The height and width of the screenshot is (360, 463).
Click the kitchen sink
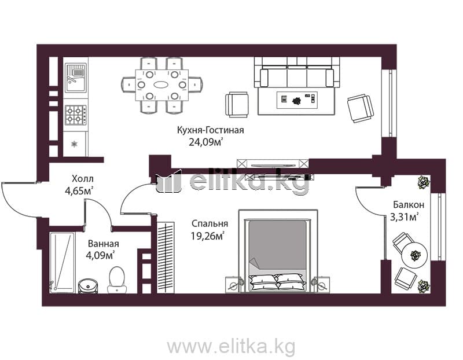click(76, 78)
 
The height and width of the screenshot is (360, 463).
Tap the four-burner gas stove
click(76, 115)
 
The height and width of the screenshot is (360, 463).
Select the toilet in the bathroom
click(117, 280)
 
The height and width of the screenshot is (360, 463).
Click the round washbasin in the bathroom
click(88, 285)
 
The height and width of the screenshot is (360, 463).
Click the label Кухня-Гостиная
click(211, 130)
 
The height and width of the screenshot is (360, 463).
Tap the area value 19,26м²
click(207, 236)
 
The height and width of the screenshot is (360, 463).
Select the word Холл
click(83, 179)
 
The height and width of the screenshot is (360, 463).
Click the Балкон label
click(409, 204)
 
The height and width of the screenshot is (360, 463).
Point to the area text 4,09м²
click(100, 255)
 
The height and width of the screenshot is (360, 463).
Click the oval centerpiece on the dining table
click(161, 85)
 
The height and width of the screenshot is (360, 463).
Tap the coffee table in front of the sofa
click(297, 100)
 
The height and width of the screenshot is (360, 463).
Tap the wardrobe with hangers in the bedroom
click(166, 258)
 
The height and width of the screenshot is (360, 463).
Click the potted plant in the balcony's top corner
click(424, 182)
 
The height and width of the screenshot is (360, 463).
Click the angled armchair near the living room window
click(360, 108)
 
